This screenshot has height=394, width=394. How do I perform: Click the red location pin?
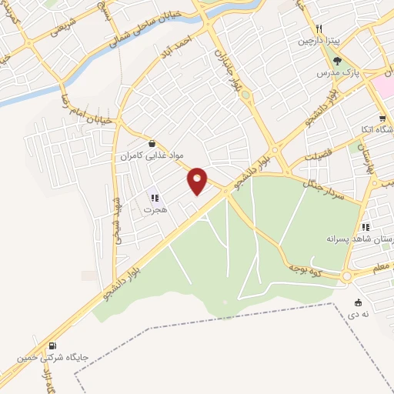coord(198,180)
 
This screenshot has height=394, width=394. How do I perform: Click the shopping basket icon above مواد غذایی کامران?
coord(152,143)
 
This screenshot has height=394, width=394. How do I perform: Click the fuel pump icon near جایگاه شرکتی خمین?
coord(52,346)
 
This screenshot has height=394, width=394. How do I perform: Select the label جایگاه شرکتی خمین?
coord(52,358)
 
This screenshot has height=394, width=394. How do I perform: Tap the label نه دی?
coord(358,315)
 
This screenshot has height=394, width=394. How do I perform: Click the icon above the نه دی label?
coord(358,302)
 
